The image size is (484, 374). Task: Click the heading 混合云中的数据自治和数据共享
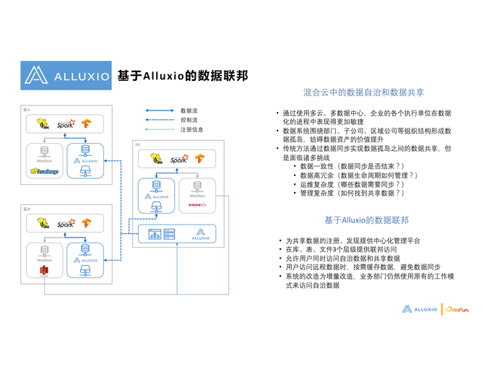click(x=363, y=93)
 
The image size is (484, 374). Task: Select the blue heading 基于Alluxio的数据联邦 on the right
click(x=366, y=220)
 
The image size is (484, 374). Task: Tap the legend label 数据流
click(x=189, y=110)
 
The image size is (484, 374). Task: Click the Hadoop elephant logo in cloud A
click(x=45, y=171)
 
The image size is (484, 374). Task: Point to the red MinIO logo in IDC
click(x=196, y=205)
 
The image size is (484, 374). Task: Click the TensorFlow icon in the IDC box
click(x=198, y=157)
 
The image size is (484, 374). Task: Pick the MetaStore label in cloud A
click(x=45, y=161)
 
